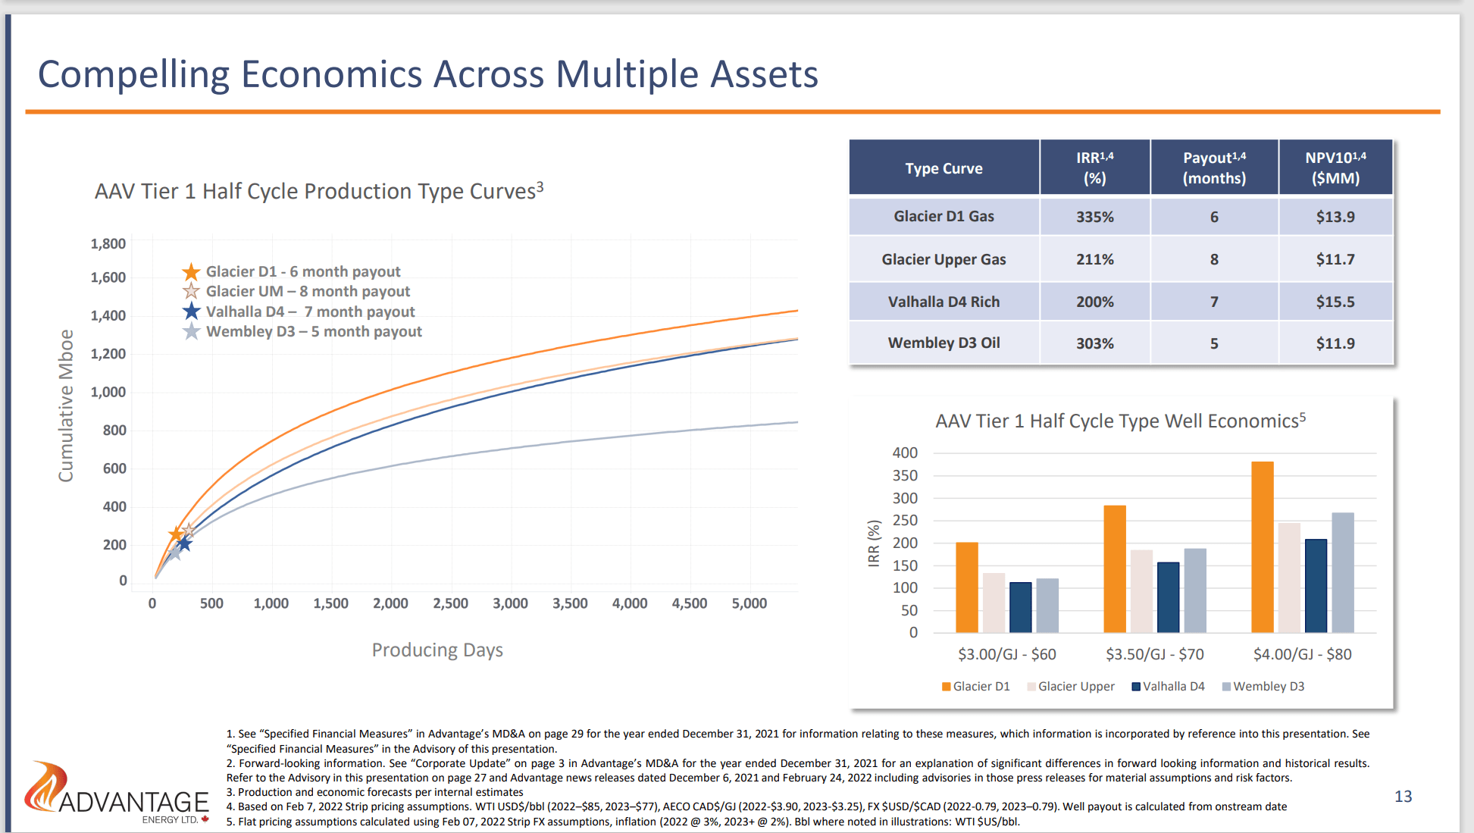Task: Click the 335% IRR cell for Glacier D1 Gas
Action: tap(1094, 217)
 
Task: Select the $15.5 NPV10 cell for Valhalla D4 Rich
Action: tap(1335, 302)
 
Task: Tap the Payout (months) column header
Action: tap(1214, 168)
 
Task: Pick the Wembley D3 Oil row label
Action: tap(944, 343)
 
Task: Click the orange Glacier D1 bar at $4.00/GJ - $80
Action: tap(1262, 546)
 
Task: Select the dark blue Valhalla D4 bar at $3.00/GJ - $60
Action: tap(1020, 607)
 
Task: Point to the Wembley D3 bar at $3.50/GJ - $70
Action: tap(1194, 590)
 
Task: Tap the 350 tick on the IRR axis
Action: tap(905, 475)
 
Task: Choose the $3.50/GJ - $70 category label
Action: tap(1154, 654)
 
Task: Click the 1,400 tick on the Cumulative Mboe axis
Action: tap(108, 315)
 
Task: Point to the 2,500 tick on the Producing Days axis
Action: tap(450, 603)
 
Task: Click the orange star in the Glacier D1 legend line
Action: tap(191, 271)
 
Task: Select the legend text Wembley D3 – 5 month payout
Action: tap(314, 331)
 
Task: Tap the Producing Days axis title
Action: tap(437, 650)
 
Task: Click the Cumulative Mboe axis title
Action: tap(67, 406)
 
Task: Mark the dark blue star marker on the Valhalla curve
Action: tap(184, 543)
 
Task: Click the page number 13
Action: tap(1403, 796)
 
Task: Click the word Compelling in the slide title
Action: tap(133, 74)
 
